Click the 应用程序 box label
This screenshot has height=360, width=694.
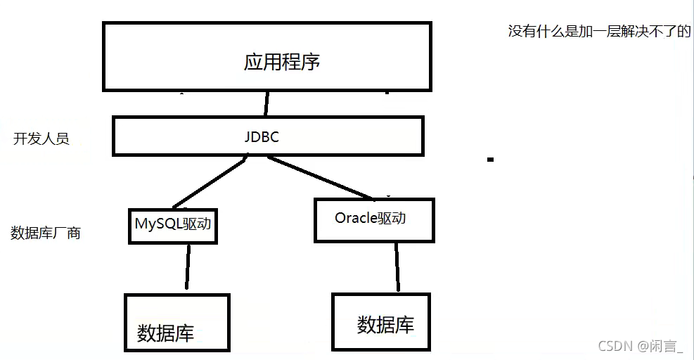tap(282, 61)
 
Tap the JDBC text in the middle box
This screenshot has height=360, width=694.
tap(262, 137)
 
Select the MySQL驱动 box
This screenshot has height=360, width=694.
tap(173, 226)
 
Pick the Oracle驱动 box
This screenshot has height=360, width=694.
tap(373, 220)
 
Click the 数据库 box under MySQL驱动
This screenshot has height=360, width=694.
tap(176, 322)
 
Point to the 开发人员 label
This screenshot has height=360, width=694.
tap(41, 139)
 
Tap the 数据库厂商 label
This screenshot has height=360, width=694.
tap(46, 233)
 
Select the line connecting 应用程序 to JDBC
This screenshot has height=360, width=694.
tap(266, 103)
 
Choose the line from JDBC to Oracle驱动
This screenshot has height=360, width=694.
tap(320, 177)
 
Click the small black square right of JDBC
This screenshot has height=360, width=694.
tap(490, 160)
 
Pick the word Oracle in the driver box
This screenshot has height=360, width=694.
tap(356, 218)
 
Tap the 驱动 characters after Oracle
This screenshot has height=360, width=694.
tap(392, 218)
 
